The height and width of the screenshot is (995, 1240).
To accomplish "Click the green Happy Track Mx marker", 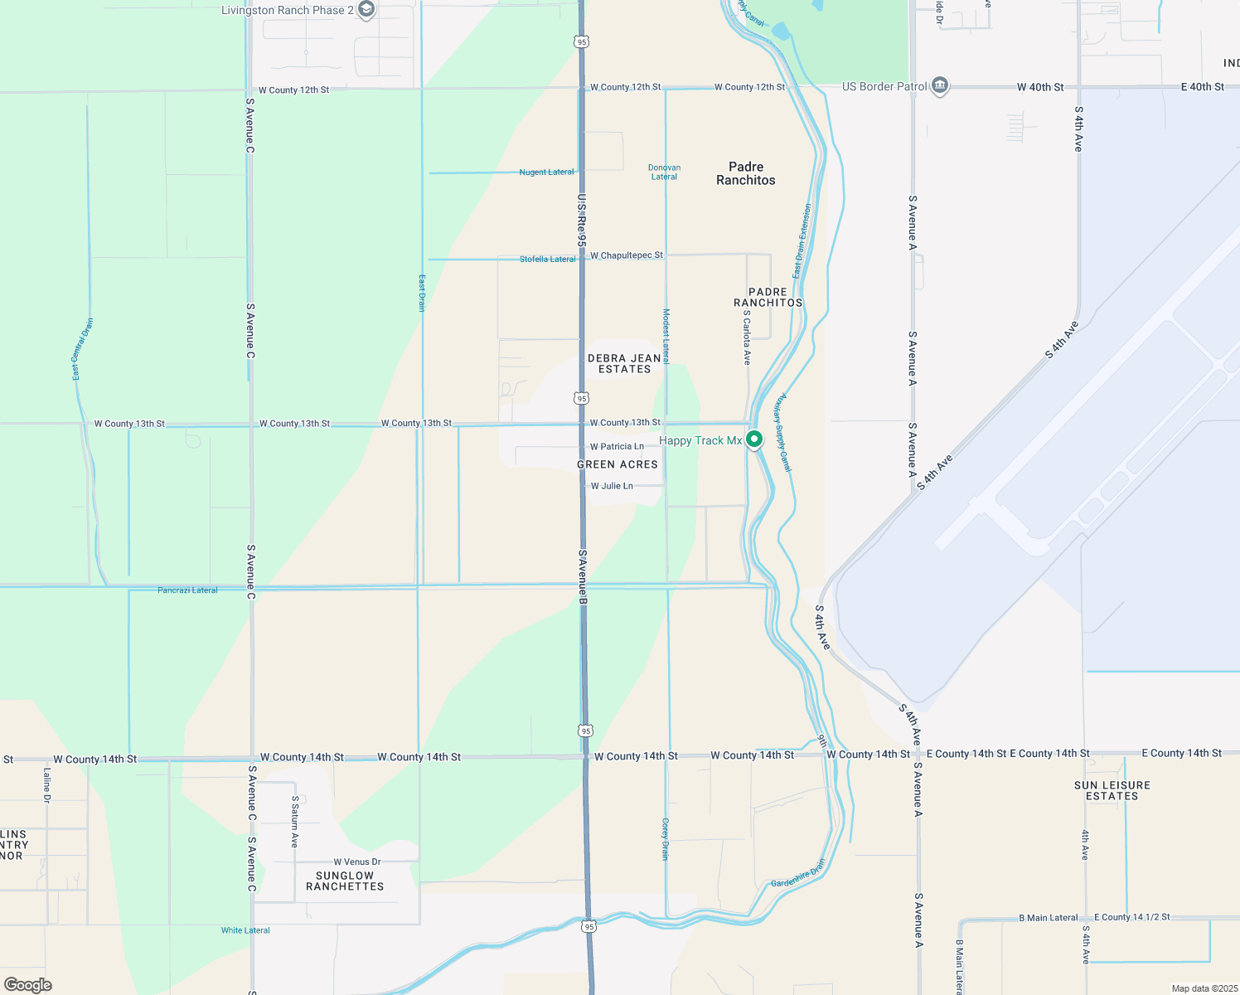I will (x=753, y=439).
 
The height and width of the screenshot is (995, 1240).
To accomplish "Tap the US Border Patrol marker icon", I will (x=939, y=85).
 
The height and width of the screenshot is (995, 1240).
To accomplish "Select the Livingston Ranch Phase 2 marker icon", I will (x=366, y=10).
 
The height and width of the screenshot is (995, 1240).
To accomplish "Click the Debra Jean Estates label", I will (x=624, y=364).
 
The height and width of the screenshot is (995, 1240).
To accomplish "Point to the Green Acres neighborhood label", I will (x=618, y=464).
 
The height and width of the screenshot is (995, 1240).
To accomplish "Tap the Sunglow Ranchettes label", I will (x=345, y=881).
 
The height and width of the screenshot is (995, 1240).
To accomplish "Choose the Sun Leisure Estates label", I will (x=1112, y=790).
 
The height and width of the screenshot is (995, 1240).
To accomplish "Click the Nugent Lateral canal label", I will (x=546, y=172).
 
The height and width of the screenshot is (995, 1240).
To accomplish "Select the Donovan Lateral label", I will (x=664, y=172).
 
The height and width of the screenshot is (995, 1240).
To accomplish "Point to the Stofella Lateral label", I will (x=547, y=260).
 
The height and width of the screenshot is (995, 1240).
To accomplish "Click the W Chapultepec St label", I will (x=627, y=255).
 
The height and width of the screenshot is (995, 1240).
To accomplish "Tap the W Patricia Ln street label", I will (x=617, y=446).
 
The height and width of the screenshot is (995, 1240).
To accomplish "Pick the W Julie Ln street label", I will (x=612, y=486).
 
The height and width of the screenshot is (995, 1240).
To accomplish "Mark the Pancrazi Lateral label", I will (x=187, y=590).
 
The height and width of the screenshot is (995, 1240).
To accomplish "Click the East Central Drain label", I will (x=82, y=349).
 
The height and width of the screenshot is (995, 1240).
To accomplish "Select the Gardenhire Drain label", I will (x=798, y=873).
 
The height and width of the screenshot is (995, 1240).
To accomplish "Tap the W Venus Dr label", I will (x=357, y=862).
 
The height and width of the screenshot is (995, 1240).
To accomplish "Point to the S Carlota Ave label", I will (x=747, y=338).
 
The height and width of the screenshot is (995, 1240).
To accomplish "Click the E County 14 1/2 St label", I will (x=1131, y=917).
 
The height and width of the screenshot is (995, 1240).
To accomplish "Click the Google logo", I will (x=28, y=985).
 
